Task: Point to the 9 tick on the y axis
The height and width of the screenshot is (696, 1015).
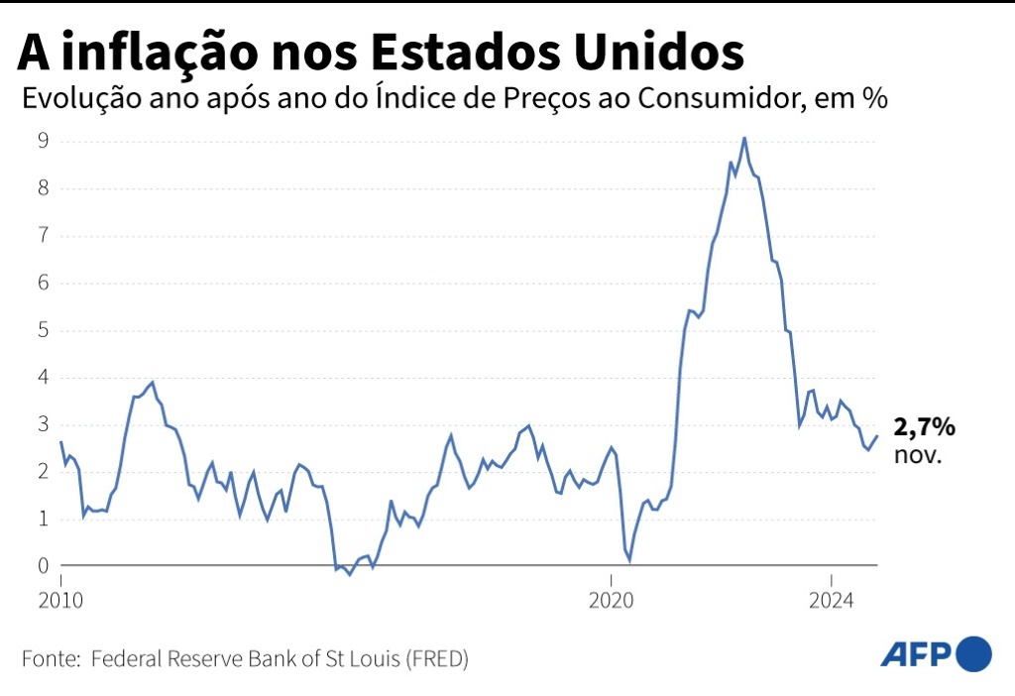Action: pyautogui.click(x=44, y=141)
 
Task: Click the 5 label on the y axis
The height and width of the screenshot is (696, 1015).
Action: pyautogui.click(x=44, y=330)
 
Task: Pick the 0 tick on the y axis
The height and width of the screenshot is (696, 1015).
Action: pyautogui.click(x=44, y=566)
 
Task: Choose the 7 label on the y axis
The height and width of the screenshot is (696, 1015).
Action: pyautogui.click(x=44, y=235)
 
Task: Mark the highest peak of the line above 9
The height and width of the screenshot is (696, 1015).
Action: pyautogui.click(x=744, y=138)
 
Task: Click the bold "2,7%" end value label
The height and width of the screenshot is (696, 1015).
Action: pyautogui.click(x=924, y=427)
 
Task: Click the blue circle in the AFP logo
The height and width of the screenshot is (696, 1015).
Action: pyautogui.click(x=974, y=653)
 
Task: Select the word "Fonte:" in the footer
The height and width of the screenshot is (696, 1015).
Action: pyautogui.click(x=51, y=658)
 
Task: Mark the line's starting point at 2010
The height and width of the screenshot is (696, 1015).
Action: pyautogui.click(x=61, y=442)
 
